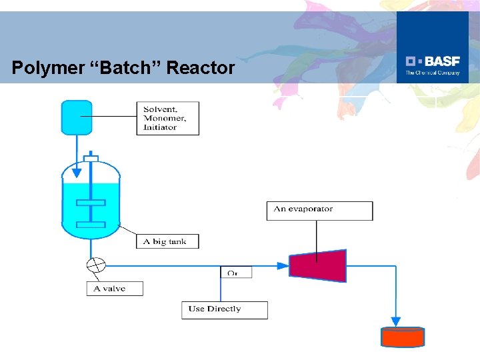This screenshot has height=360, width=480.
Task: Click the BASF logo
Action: point(433,64)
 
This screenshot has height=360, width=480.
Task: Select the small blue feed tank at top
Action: point(76,117)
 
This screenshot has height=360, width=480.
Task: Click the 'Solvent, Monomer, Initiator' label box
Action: point(167,118)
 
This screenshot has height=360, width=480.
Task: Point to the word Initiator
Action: point(160,127)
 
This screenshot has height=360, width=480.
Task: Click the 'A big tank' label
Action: point(167,241)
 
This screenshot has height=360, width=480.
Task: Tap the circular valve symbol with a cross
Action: point(96,265)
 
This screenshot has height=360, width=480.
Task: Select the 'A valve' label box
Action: point(115,289)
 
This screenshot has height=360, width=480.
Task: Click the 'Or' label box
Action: point(236,273)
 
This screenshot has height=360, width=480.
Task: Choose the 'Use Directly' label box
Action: point(224,309)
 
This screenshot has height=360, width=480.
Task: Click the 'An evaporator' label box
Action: point(319,210)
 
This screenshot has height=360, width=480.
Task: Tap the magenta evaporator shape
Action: point(318,265)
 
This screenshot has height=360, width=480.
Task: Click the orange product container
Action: point(402,337)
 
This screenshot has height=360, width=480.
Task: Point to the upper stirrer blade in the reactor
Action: point(91,203)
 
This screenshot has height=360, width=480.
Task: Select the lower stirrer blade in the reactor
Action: point(91,225)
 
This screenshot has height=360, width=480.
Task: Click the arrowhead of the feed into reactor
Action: point(77,173)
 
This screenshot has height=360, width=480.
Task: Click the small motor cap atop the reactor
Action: point(91,158)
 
